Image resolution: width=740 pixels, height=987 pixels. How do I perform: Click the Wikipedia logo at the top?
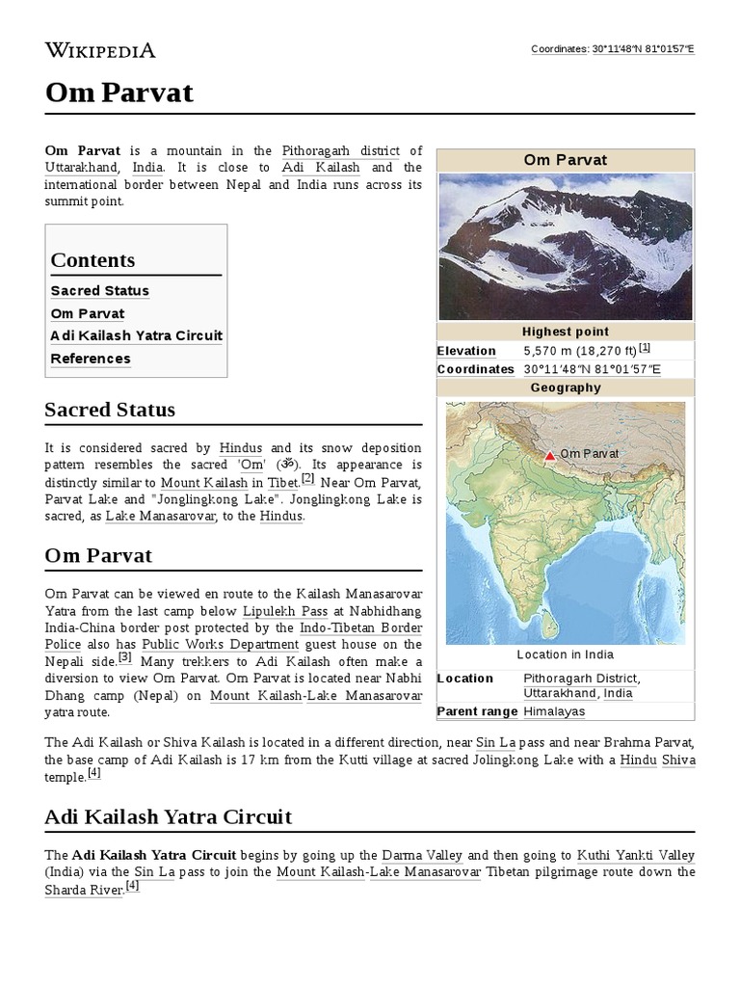pyautogui.click(x=100, y=50)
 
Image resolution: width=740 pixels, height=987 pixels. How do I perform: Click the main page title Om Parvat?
pyautogui.click(x=119, y=93)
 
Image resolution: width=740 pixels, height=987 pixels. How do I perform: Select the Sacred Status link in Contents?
pyautogui.click(x=99, y=291)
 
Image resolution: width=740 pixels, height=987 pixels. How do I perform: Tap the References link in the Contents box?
pyautogui.click(x=91, y=359)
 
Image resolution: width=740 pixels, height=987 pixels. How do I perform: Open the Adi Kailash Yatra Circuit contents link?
pyautogui.click(x=136, y=335)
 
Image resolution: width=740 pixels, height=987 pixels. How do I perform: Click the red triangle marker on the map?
pyautogui.click(x=550, y=454)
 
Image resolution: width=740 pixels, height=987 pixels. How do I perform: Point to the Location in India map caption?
pyautogui.click(x=565, y=654)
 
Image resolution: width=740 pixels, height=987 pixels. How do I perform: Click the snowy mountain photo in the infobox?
pyautogui.click(x=566, y=246)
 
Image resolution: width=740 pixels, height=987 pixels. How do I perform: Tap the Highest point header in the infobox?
pyautogui.click(x=566, y=332)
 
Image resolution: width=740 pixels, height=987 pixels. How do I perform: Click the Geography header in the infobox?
pyautogui.click(x=566, y=387)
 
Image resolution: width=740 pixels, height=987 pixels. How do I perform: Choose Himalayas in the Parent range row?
pyautogui.click(x=554, y=711)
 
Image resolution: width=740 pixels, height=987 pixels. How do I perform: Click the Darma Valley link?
pyautogui.click(x=422, y=855)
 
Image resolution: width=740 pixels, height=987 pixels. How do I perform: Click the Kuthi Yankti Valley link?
pyautogui.click(x=635, y=855)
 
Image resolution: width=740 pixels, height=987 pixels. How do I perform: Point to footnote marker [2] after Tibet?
pyautogui.click(x=307, y=478)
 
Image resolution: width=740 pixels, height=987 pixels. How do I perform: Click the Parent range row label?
pyautogui.click(x=478, y=711)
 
